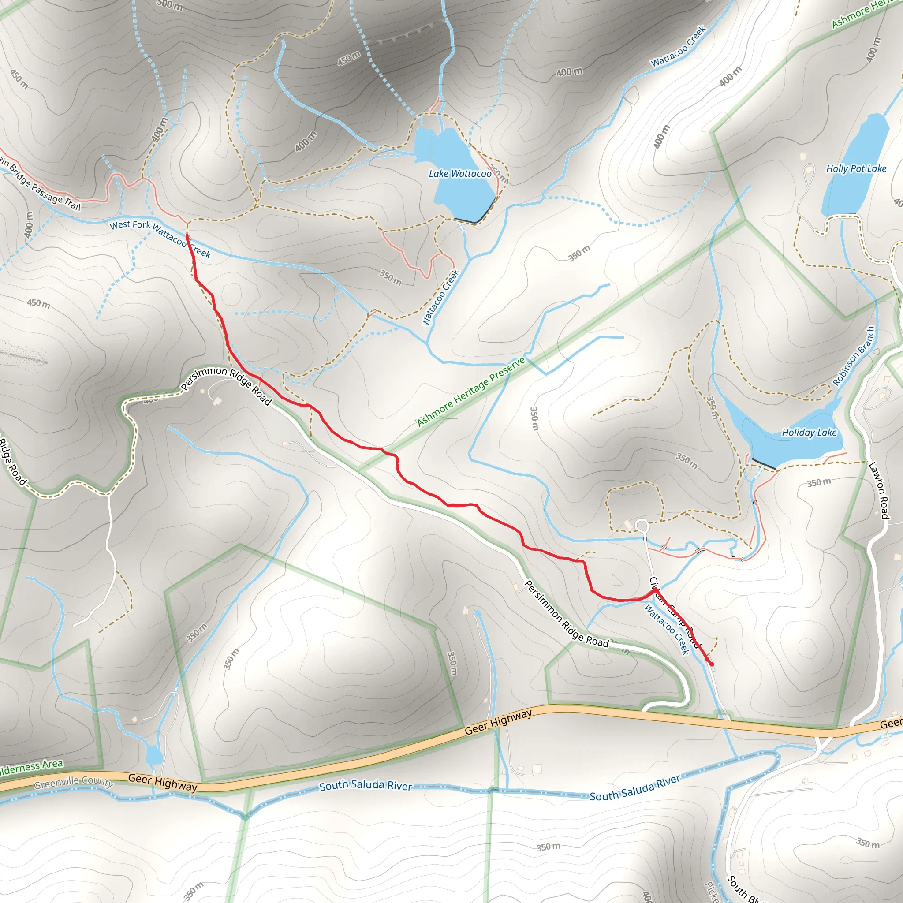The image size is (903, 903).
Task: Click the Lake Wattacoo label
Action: coord(460,174)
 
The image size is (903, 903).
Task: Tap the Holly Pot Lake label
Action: coord(856,169)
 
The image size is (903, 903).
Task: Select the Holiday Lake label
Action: coord(809,433)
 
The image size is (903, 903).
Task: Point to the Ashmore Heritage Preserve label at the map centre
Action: coord(471,392)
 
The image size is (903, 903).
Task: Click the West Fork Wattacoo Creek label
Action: coord(160,239)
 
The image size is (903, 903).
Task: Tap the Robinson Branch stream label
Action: coord(853,357)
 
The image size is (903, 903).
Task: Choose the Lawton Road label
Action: coord(878,490)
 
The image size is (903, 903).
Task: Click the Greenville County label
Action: coord(73,781)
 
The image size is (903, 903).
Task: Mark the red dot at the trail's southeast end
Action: coord(711,664)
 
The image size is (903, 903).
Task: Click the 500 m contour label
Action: coord(169,5)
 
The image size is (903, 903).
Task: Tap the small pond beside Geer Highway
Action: coord(154,755)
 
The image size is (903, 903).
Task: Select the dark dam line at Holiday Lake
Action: coord(763,464)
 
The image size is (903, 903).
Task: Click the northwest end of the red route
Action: coord(187,235)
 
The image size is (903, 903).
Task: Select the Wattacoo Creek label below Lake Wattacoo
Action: coord(441,298)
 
